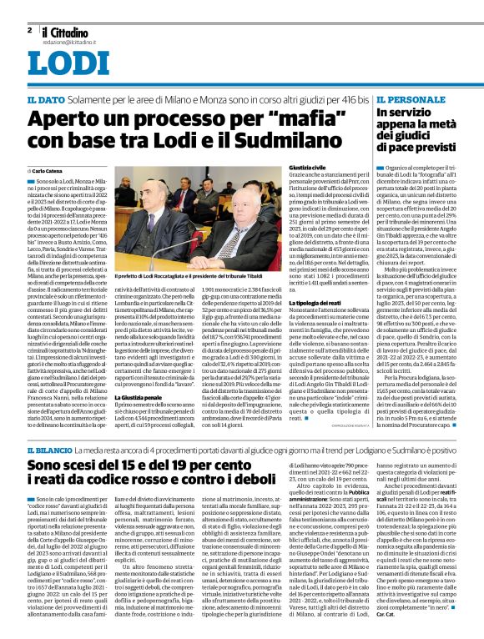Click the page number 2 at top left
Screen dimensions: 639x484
click(29, 29)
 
